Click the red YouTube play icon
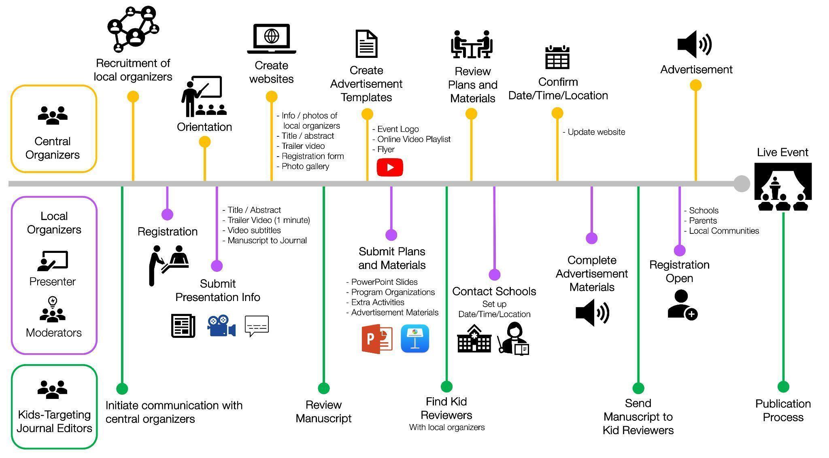click(x=390, y=167)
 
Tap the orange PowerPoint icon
click(x=377, y=339)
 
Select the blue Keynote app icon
click(x=415, y=339)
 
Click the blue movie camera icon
click(x=221, y=326)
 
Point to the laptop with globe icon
click(x=272, y=39)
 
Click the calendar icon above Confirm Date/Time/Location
click(x=557, y=57)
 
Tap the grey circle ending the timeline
click(x=742, y=184)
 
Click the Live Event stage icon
click(x=783, y=187)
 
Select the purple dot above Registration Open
click(x=680, y=250)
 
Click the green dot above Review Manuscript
click(x=323, y=388)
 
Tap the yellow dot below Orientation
click(x=205, y=142)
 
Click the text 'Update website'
click(x=596, y=132)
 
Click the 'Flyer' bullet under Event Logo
click(x=385, y=149)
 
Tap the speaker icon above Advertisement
click(x=695, y=44)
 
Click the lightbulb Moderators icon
click(x=53, y=310)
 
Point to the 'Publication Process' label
click(x=783, y=410)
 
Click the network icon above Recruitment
click(x=133, y=29)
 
